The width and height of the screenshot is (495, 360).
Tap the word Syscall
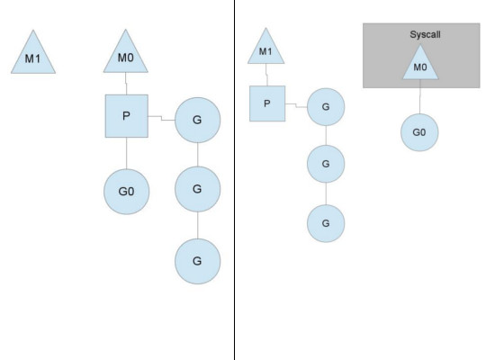point(419,34)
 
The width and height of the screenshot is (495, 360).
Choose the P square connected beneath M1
point(267,103)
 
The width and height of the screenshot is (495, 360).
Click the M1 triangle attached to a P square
point(265,49)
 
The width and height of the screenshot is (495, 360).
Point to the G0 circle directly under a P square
point(127,191)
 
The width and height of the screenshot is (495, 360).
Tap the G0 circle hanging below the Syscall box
point(420,133)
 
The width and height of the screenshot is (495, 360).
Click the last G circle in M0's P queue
point(197,261)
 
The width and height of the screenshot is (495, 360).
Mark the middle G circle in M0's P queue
point(197,190)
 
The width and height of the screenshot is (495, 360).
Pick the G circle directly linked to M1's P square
point(326,108)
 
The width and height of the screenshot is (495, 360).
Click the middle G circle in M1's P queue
point(326,164)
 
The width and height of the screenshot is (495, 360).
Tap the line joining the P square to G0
point(127,153)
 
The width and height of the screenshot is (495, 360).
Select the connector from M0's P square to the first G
point(161,117)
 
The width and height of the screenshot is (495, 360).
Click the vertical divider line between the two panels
point(235,270)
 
